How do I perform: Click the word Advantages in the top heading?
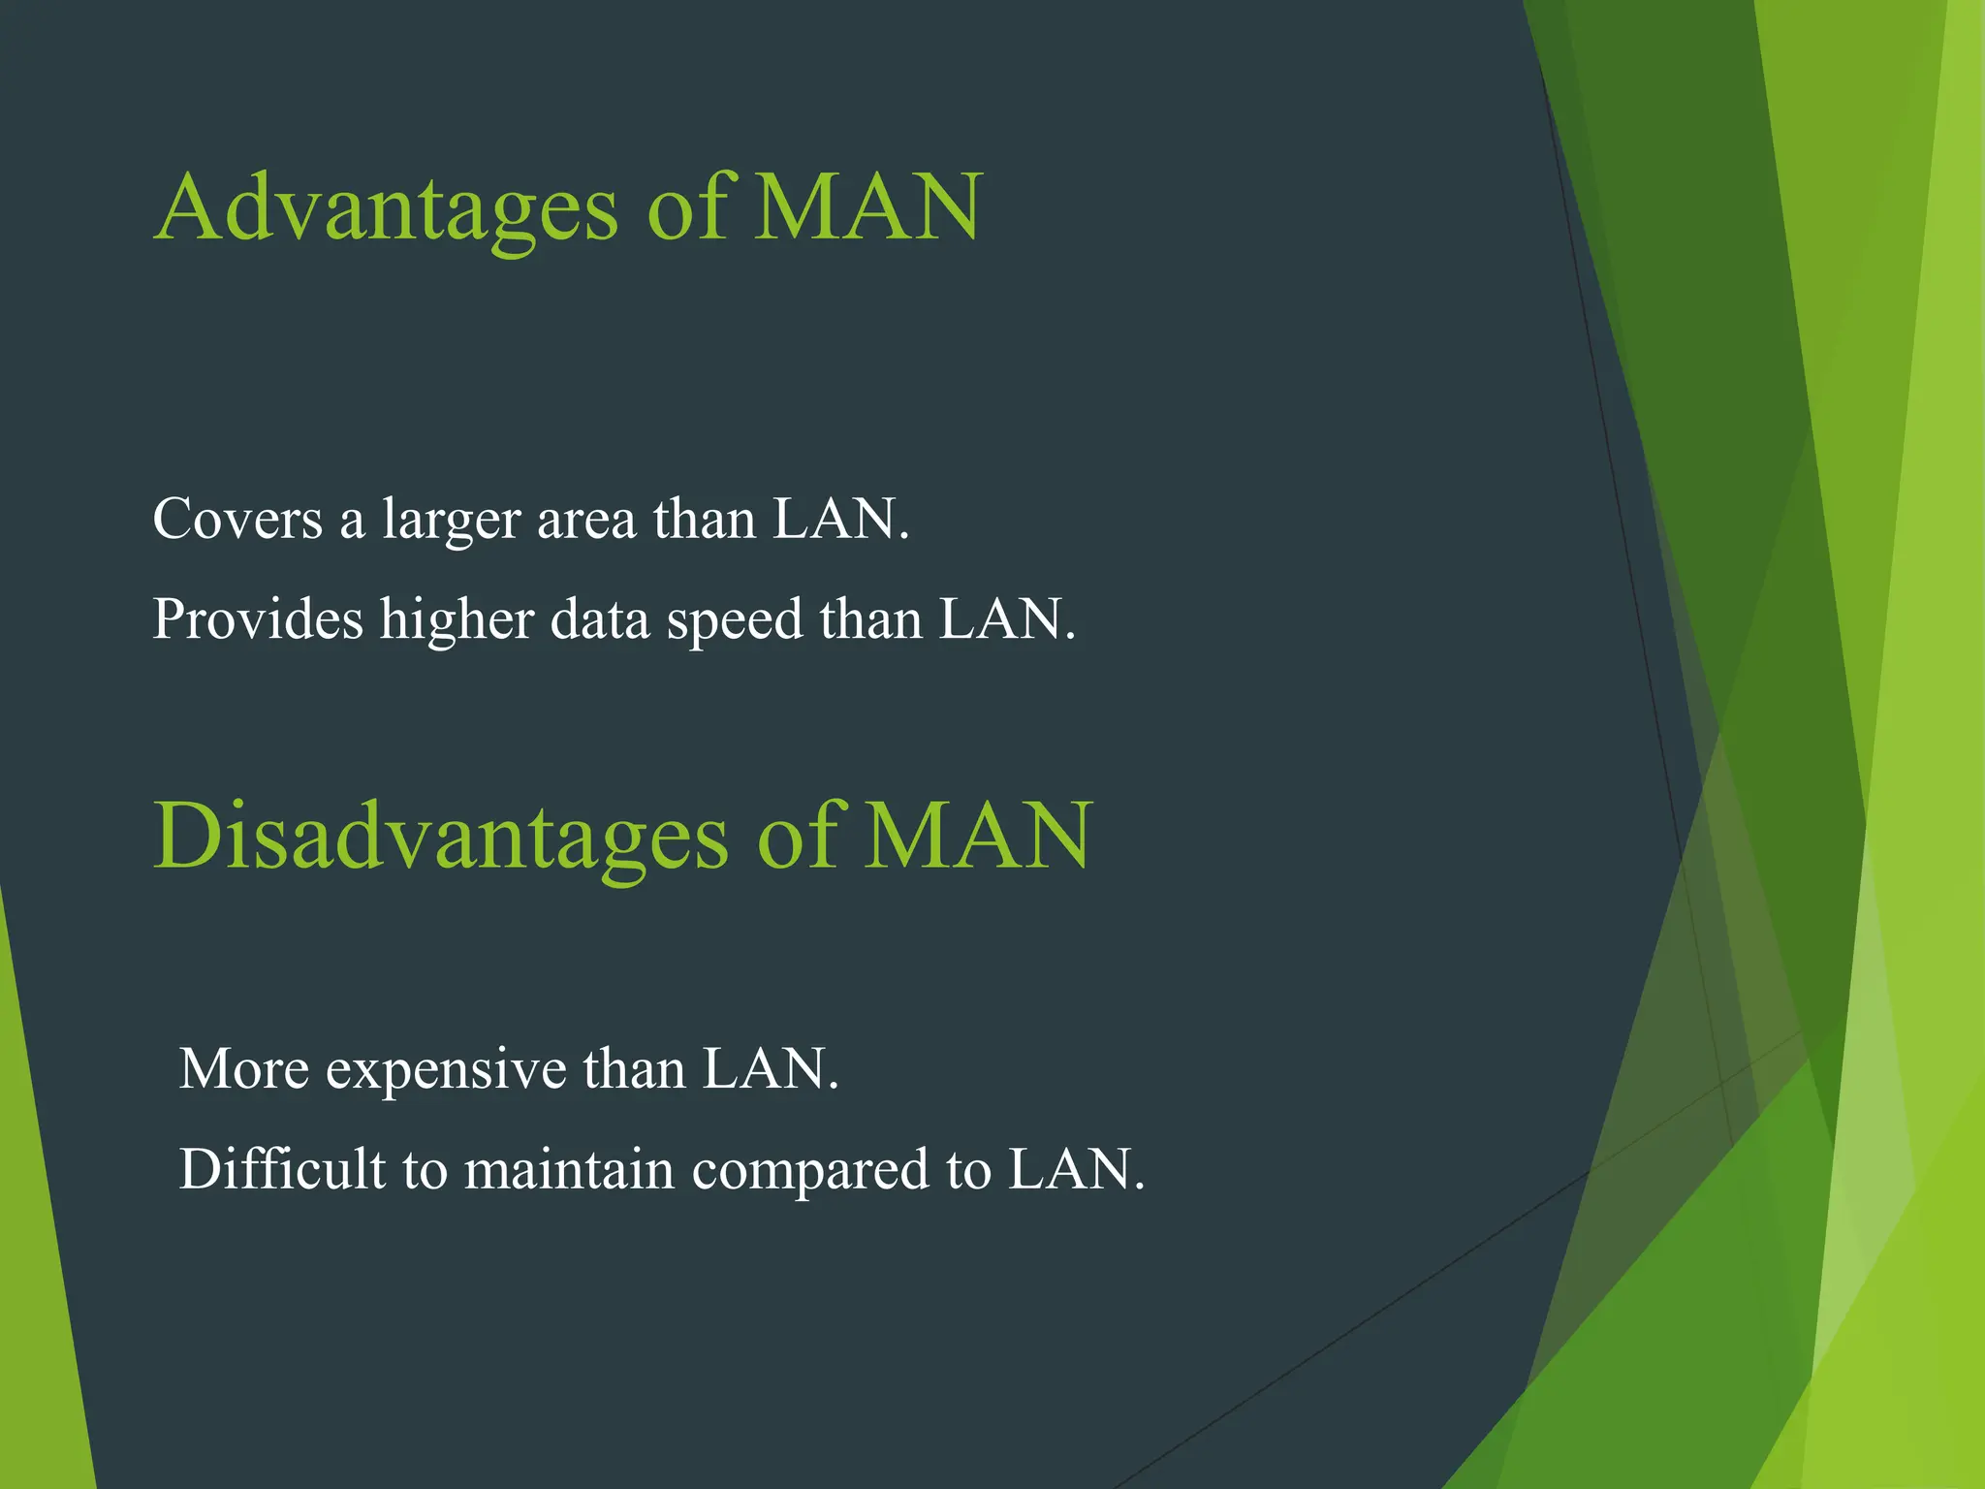(386, 207)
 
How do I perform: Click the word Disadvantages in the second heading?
(441, 836)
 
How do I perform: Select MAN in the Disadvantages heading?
(978, 836)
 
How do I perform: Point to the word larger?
(452, 521)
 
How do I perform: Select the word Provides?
(258, 618)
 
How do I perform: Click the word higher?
(457, 620)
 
